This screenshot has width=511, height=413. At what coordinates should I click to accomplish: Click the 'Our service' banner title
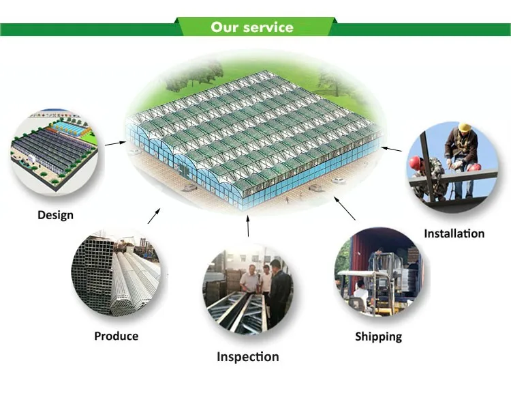251,27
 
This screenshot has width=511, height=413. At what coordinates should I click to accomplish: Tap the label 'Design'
55,215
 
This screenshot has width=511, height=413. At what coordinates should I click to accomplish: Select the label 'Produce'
116,336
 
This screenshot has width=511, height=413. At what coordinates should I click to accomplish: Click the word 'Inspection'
247,356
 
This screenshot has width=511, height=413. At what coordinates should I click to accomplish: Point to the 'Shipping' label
378,337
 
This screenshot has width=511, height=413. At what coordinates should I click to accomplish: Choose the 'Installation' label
454,233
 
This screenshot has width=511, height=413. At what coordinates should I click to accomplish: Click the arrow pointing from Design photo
115,143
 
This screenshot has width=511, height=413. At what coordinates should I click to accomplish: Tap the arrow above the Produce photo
154,216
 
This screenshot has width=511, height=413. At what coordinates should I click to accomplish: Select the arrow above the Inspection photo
248,226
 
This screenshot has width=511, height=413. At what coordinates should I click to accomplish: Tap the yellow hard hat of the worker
465,128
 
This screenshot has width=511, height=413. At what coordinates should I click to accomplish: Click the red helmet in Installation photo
415,162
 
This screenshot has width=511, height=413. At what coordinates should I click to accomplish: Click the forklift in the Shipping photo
368,290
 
